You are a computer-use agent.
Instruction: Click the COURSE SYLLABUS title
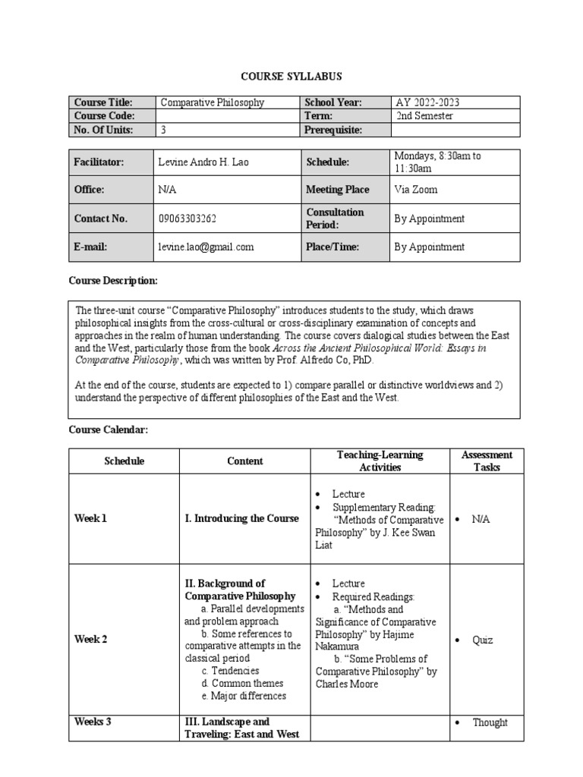(x=291, y=77)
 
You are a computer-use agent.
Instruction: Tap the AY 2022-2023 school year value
(x=427, y=102)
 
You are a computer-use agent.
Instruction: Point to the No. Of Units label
(x=103, y=130)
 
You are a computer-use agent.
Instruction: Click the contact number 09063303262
(x=187, y=219)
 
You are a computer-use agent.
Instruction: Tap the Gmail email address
(x=206, y=247)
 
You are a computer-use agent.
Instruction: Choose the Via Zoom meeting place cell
(x=416, y=190)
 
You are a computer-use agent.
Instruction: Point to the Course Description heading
(x=113, y=281)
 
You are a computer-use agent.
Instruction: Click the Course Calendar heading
(x=108, y=430)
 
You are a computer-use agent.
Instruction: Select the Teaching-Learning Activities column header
(x=380, y=461)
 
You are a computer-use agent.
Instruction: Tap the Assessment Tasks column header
(x=487, y=461)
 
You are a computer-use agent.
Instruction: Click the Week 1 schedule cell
(x=90, y=519)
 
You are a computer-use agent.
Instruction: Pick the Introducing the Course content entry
(x=241, y=519)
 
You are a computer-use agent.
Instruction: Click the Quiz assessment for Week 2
(x=482, y=640)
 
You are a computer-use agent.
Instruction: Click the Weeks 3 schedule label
(x=93, y=722)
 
